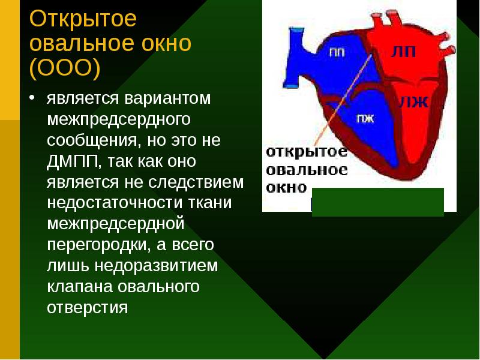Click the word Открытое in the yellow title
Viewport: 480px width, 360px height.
coord(83,19)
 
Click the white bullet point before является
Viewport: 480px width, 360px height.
coord(32,97)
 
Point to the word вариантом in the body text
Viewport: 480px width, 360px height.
coord(168,98)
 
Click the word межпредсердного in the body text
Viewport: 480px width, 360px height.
coord(119,119)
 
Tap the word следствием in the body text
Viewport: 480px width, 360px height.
coord(196,182)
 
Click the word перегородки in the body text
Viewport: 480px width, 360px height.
coord(98,245)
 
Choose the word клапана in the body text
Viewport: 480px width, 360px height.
coord(80,287)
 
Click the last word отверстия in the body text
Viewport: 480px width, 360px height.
coord(87,308)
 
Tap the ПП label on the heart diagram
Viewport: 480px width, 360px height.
coord(337,53)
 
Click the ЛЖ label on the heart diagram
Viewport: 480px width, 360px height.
coord(413,102)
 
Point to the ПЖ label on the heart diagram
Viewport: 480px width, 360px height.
coord(365,118)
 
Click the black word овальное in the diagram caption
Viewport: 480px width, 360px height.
coord(307,170)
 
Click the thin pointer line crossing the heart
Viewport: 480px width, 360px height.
coord(343,100)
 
